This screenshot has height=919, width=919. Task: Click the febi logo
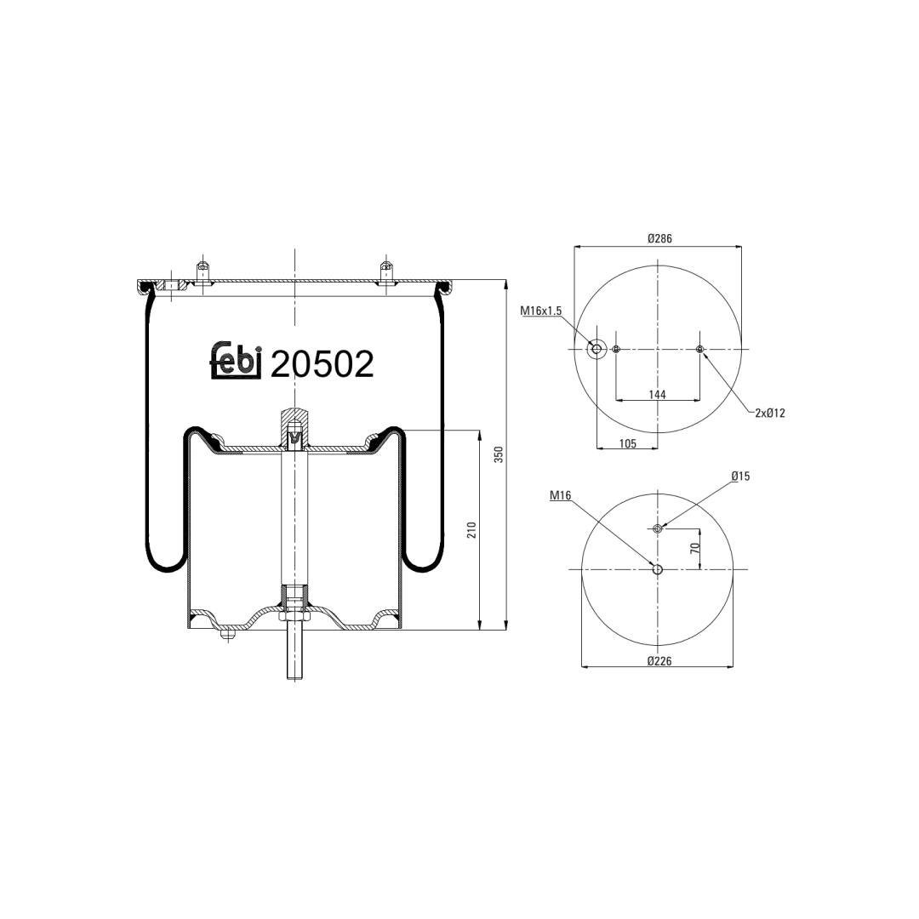235,360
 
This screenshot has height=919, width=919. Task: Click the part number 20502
322,364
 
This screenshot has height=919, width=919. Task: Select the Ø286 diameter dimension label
659,238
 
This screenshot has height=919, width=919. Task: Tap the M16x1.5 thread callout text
541,311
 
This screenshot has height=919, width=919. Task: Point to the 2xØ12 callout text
769,414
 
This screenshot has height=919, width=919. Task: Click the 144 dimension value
657,395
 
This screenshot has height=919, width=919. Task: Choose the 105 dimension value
627,443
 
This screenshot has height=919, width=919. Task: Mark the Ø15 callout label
740,476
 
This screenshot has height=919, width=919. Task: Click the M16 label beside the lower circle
560,496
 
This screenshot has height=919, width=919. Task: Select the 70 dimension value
695,548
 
